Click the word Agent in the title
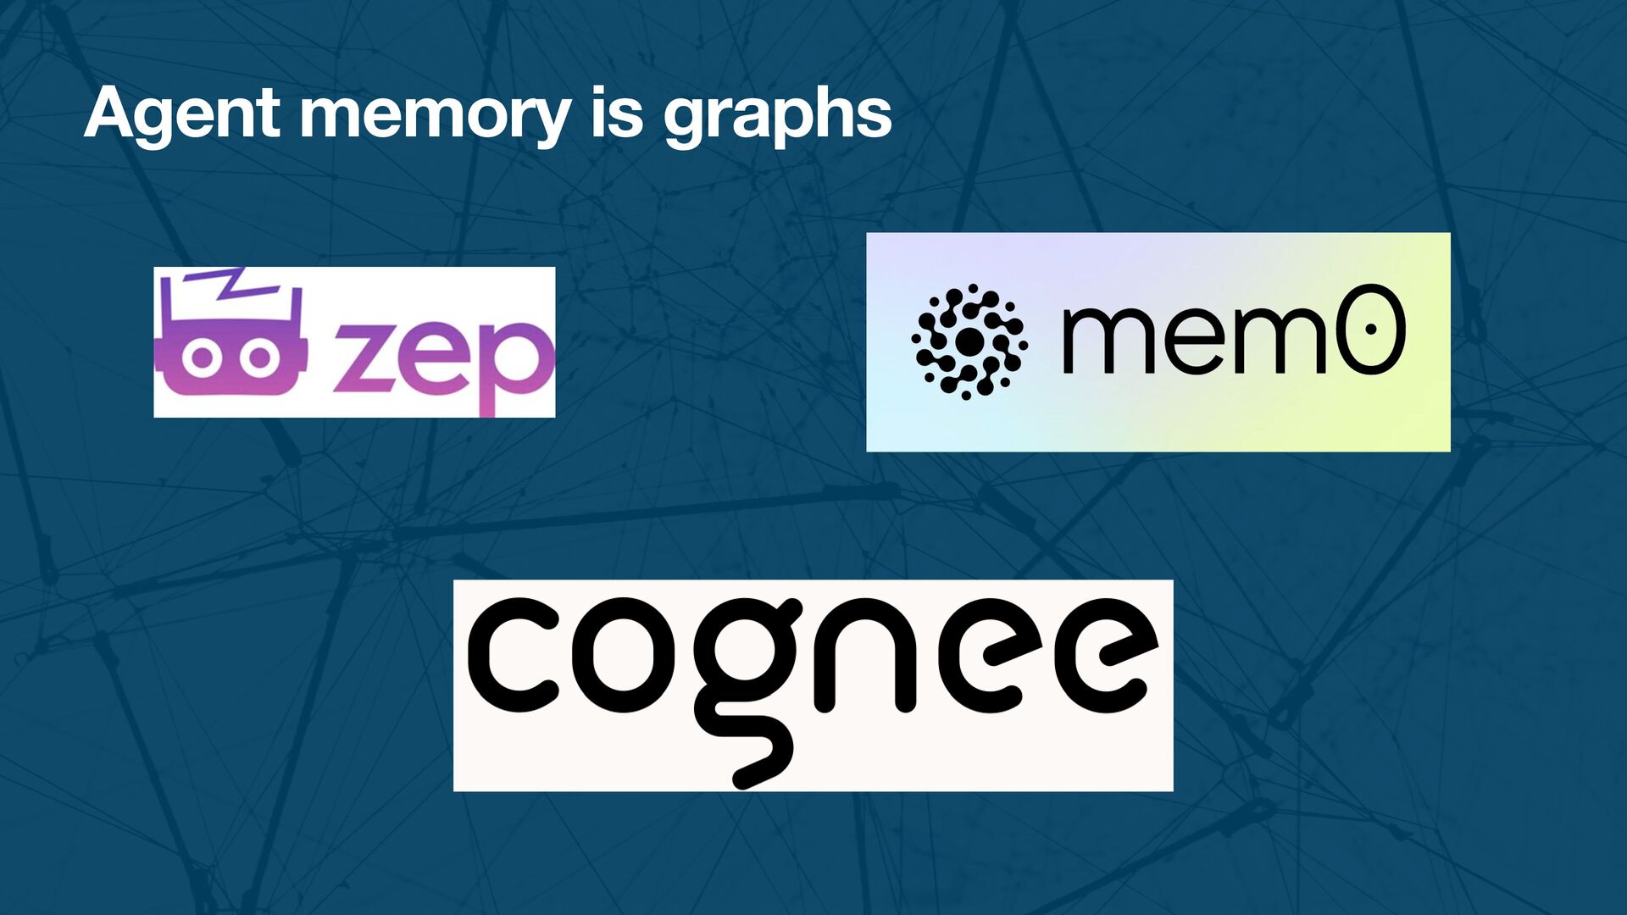[x=181, y=114]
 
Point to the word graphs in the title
[x=777, y=115]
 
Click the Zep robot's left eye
[x=202, y=357]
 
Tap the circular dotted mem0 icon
[x=969, y=341]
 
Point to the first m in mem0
[x=1108, y=340]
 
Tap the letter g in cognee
[x=746, y=678]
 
